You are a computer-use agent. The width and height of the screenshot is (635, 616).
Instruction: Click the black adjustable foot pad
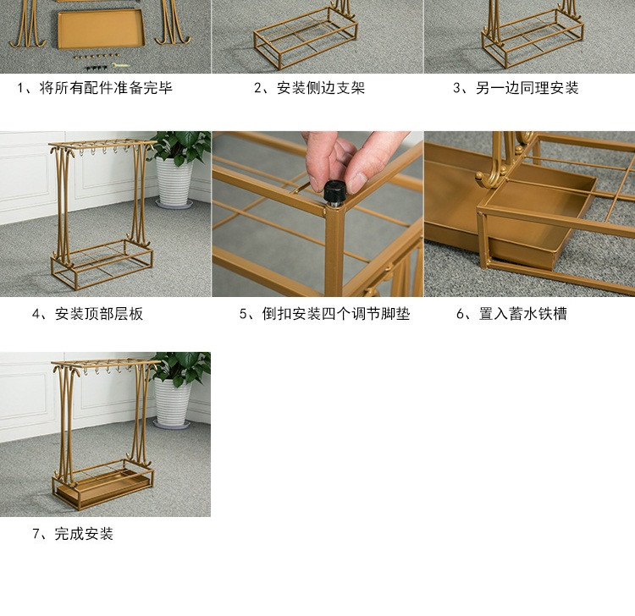(335, 193)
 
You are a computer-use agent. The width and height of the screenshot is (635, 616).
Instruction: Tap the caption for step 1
(95, 88)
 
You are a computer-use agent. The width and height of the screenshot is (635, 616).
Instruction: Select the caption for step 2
(309, 88)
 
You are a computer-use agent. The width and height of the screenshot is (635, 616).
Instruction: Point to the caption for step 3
(516, 88)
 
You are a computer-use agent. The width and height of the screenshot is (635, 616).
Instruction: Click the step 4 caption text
(87, 314)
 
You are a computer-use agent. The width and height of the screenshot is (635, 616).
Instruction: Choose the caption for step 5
(324, 314)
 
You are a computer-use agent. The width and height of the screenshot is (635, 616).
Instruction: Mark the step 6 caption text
(511, 314)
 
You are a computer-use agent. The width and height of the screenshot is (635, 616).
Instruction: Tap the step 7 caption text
(73, 534)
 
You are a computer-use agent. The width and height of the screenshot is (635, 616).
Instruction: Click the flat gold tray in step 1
(101, 29)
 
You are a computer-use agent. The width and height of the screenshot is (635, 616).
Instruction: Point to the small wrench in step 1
(120, 65)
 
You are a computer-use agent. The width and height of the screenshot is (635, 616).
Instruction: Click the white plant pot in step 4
(174, 181)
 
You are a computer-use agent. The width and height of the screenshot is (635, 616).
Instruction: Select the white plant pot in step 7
(173, 402)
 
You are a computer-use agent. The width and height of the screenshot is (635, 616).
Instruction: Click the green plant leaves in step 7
(182, 368)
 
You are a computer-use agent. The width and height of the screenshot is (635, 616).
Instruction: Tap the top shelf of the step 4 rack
(102, 143)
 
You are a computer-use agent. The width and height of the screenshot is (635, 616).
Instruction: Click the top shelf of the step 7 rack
(106, 362)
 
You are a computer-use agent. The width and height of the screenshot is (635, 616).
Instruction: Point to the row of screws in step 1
(97, 56)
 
